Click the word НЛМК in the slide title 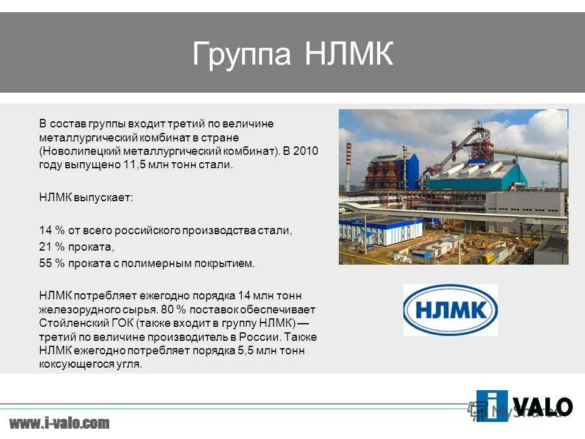coord(349,54)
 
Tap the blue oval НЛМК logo coord(450,310)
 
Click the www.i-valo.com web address coord(59,423)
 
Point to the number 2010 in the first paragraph coord(306,151)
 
